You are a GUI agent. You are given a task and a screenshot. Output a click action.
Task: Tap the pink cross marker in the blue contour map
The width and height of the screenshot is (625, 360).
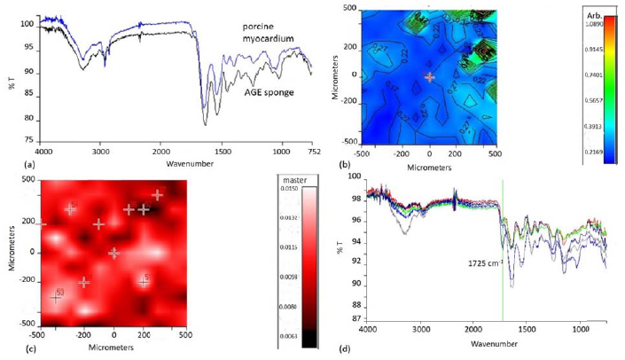pyautogui.click(x=430, y=77)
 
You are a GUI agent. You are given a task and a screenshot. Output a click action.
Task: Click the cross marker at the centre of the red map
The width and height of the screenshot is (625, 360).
pyautogui.click(x=113, y=253)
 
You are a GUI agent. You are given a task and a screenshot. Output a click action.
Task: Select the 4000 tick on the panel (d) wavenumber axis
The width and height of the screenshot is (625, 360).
pyautogui.click(x=370, y=330)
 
